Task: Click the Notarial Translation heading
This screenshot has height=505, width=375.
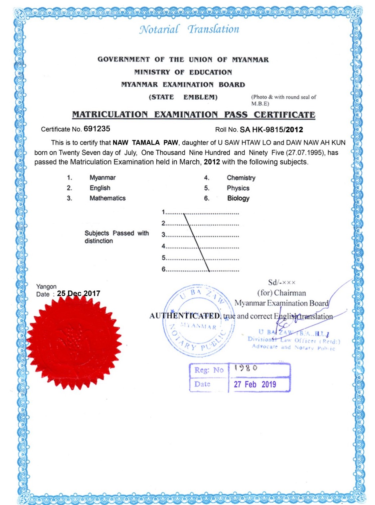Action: point(189,29)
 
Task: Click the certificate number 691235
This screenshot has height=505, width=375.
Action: point(97,129)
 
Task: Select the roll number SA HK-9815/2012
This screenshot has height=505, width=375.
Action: point(271,130)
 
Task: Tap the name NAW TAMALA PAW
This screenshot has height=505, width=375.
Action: point(145,143)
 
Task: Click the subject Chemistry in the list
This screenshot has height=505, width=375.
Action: point(241,178)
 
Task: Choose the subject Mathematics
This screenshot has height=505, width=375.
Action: point(107,198)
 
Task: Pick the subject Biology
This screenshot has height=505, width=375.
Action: point(238,198)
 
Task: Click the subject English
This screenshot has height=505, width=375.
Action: point(100,188)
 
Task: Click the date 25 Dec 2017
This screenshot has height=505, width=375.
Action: point(79,293)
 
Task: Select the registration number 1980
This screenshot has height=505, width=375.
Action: point(246,368)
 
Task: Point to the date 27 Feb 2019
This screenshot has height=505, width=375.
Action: point(255,384)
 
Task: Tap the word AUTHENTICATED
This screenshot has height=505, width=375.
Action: point(184,316)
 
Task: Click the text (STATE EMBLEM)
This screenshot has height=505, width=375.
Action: point(183,97)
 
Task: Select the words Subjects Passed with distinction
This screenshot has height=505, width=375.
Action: point(116,237)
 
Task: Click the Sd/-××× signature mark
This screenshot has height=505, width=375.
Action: point(281,282)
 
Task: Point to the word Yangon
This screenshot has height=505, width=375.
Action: point(46,286)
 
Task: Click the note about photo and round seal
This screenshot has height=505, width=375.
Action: point(283,100)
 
